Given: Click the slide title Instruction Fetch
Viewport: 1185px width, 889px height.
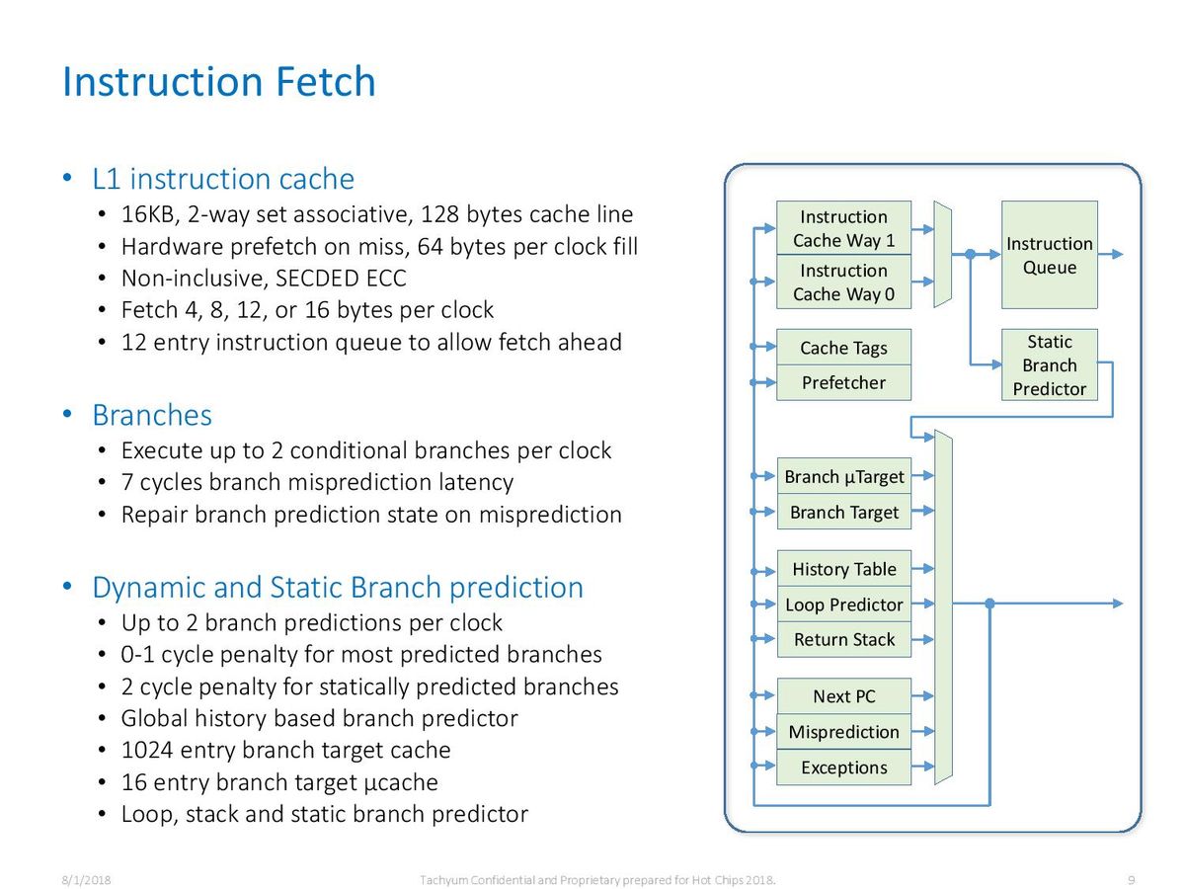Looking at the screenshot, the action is point(218,82).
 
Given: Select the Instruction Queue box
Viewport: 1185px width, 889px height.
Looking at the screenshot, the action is point(1049,255).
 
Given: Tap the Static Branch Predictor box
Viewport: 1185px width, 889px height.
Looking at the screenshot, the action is point(1049,364).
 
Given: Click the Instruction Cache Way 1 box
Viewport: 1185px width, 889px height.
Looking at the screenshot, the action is point(843,228).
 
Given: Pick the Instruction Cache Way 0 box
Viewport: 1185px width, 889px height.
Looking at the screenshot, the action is point(843,282).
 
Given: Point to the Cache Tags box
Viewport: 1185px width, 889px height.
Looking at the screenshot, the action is point(843,347).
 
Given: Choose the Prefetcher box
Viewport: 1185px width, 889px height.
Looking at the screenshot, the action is point(843,382).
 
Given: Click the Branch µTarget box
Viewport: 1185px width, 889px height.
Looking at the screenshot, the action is point(843,476).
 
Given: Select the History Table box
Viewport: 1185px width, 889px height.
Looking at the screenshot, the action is point(843,568).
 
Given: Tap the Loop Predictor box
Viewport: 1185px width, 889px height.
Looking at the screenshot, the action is point(843,604).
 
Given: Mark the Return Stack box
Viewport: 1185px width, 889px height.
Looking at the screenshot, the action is point(843,640).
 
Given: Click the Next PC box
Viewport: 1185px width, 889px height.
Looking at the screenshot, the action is point(843,696).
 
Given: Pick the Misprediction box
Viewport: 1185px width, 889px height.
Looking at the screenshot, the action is point(843,731).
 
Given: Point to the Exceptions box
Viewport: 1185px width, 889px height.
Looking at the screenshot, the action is point(843,768).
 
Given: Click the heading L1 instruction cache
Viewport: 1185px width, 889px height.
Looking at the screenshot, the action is point(223,179).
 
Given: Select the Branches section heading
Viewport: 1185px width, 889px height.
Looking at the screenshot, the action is point(152,415).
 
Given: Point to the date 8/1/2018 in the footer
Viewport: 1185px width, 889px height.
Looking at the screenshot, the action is point(86,880).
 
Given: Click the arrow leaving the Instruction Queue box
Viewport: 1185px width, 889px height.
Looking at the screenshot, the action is point(1111,254).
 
